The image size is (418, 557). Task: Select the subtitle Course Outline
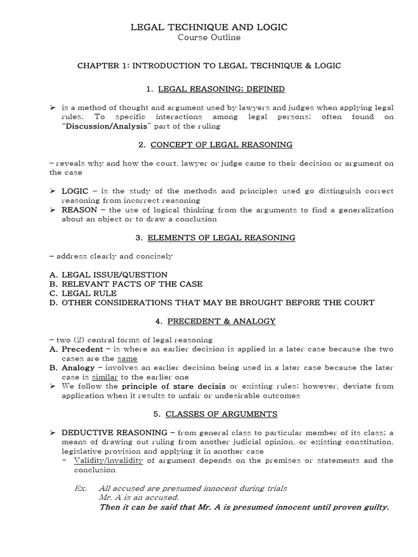[x=210, y=38]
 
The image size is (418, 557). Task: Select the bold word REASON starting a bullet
[x=79, y=210]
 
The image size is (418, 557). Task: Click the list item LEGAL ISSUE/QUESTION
[x=114, y=275]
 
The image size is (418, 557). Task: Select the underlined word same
[x=127, y=358]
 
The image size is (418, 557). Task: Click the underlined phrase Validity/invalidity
[x=107, y=460]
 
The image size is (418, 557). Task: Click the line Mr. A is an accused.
[x=139, y=497]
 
